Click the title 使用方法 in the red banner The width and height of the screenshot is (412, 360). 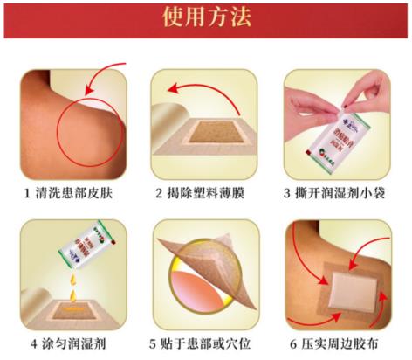pos(206,18)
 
